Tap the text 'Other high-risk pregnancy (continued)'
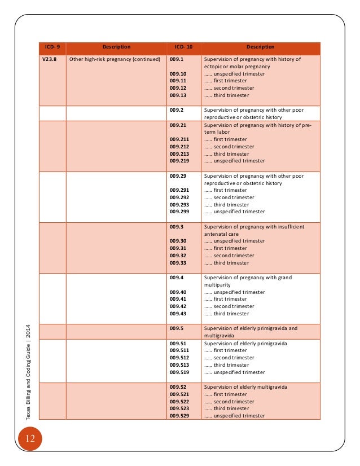[x=114, y=59]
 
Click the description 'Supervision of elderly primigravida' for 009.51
[x=245, y=343]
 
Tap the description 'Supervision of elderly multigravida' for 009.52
[x=245, y=387]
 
